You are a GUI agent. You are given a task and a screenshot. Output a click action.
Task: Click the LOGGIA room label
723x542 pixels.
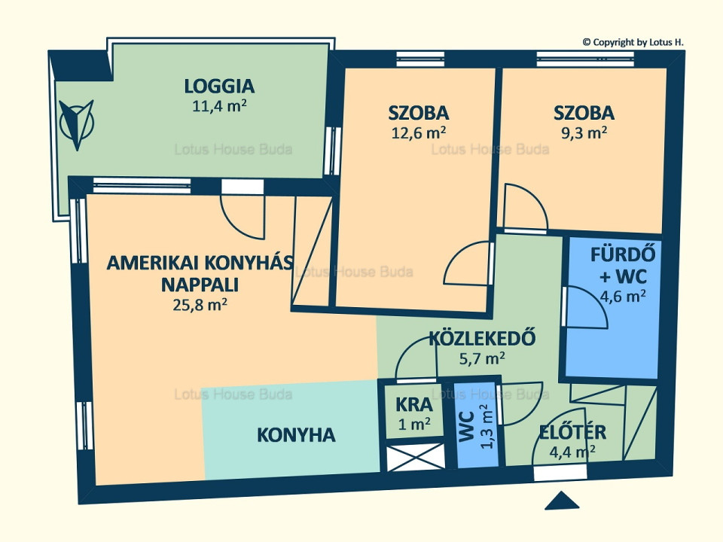(x=219, y=86)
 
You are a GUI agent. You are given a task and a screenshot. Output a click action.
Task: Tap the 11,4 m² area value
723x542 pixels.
(x=219, y=106)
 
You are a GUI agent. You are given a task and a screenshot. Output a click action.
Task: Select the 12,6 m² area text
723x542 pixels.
(x=418, y=132)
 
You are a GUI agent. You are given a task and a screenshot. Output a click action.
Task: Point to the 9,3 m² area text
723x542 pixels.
(x=583, y=132)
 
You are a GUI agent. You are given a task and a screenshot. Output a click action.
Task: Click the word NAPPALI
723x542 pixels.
(x=200, y=285)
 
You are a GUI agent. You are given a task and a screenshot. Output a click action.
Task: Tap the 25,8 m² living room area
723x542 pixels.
(x=200, y=305)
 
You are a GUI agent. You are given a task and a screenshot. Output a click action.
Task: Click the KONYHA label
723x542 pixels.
(x=296, y=435)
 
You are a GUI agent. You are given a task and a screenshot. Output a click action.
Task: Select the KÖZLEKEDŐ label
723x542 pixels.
(x=482, y=338)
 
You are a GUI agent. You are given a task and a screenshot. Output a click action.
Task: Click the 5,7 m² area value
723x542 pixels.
(x=482, y=358)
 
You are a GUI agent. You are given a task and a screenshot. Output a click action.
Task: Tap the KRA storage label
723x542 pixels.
(x=414, y=405)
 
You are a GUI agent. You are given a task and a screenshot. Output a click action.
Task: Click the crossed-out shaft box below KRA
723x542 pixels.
(x=416, y=457)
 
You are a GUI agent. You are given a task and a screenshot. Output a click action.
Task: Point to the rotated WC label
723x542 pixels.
(x=467, y=427)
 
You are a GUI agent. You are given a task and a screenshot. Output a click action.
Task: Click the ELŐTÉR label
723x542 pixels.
(x=572, y=432)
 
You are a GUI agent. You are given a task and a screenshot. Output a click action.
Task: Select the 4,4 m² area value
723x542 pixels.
(x=572, y=452)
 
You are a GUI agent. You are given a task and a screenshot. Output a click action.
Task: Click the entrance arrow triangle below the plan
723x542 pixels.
(x=562, y=501)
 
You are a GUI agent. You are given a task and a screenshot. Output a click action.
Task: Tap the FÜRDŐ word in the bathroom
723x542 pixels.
(x=623, y=255)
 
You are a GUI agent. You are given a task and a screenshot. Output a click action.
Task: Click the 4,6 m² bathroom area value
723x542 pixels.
(x=623, y=296)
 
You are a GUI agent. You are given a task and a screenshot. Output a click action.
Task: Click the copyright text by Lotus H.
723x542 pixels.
(x=633, y=42)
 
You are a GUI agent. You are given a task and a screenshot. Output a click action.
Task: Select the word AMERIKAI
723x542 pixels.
(x=153, y=263)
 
